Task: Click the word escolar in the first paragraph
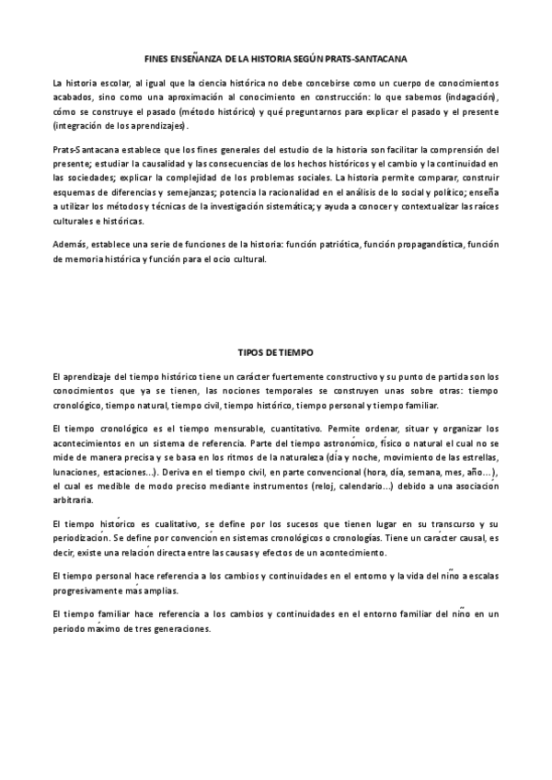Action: click(x=115, y=82)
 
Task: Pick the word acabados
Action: click(x=75, y=97)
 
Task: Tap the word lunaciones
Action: click(x=77, y=472)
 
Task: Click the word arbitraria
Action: click(x=73, y=501)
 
